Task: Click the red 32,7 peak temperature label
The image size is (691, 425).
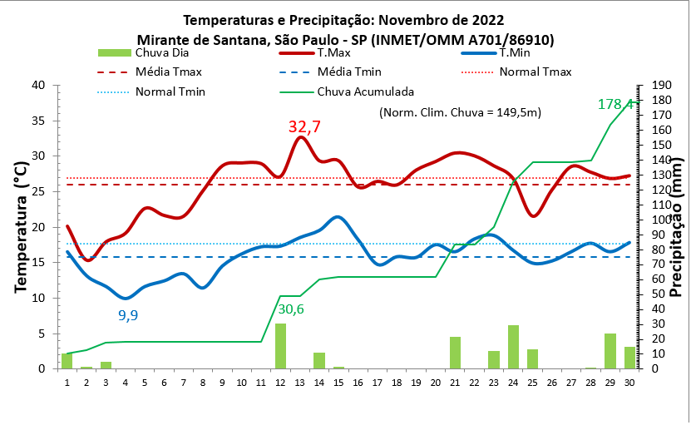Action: tap(304, 127)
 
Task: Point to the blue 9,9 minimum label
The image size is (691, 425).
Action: tap(128, 315)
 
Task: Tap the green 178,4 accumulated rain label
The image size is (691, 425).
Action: tap(616, 104)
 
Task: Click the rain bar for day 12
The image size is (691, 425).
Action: tap(280, 346)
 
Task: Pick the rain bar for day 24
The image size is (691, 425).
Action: tap(513, 347)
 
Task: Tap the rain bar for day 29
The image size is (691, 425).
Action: tap(610, 351)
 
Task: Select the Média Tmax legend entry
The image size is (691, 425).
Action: tap(169, 72)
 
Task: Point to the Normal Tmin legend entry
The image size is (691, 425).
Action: tap(170, 91)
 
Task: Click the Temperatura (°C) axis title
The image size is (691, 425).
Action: tap(20, 227)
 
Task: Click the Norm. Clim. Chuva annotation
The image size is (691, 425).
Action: tap(460, 112)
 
